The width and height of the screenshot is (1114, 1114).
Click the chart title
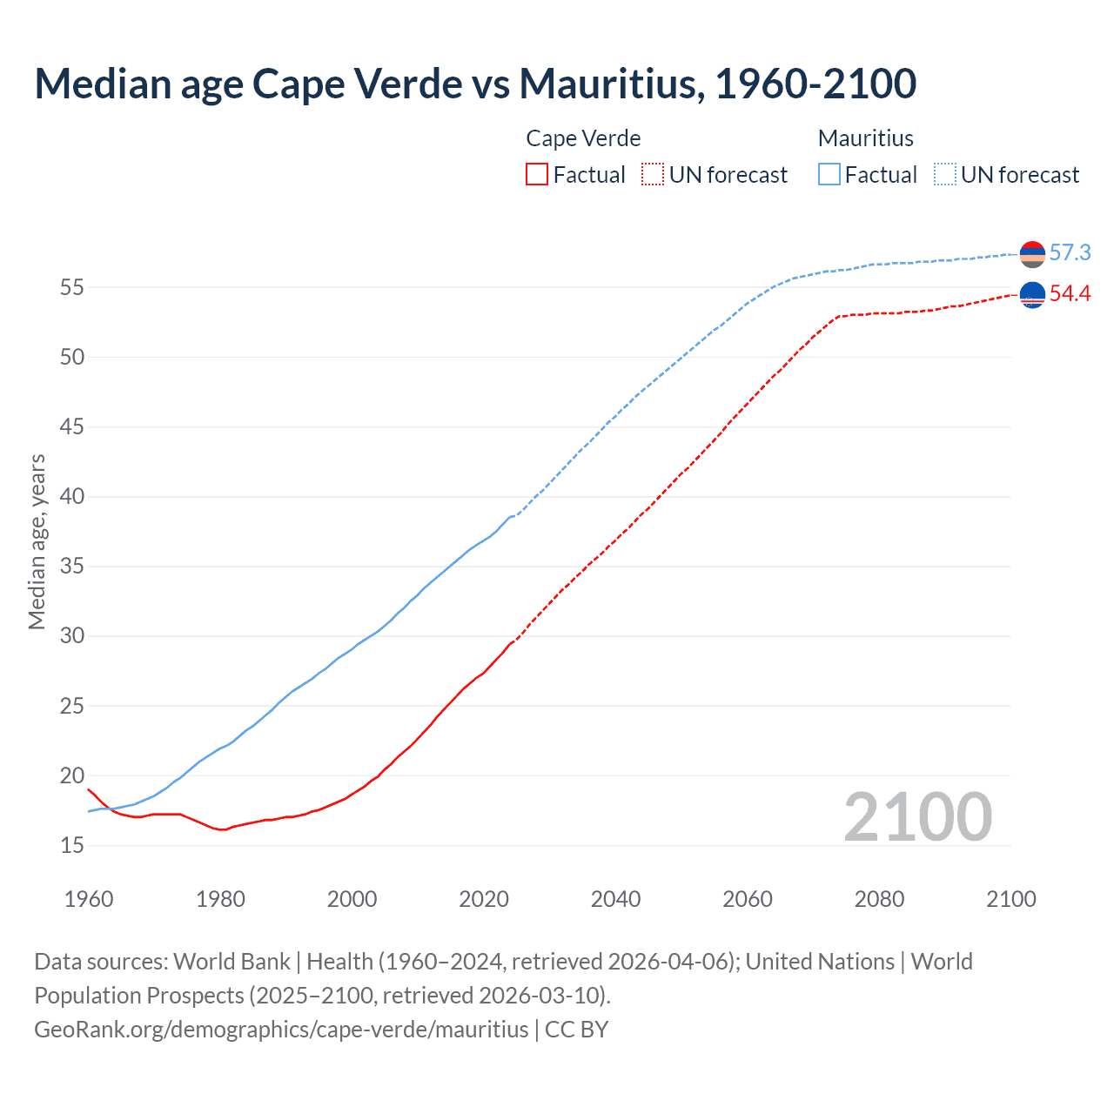tap(475, 84)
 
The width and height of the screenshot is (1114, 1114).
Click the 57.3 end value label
tap(1070, 252)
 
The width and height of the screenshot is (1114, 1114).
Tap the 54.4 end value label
tap(1070, 294)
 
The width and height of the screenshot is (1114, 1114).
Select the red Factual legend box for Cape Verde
tap(537, 175)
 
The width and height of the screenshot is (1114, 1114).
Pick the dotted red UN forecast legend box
tap(652, 175)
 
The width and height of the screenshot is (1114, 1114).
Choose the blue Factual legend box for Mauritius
tap(829, 175)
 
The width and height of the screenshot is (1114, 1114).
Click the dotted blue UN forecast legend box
tap(944, 175)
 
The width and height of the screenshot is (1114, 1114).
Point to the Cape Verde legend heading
tap(583, 138)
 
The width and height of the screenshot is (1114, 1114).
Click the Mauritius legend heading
tap(865, 138)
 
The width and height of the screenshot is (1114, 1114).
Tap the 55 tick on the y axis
tap(72, 287)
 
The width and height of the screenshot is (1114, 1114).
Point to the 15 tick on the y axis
tap(72, 845)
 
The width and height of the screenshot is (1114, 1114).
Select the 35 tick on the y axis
tap(72, 567)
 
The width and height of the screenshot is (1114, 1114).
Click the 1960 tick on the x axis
tap(89, 899)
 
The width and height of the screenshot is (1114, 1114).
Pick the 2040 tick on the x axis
tap(615, 899)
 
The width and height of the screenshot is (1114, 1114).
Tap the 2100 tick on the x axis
tap(1010, 899)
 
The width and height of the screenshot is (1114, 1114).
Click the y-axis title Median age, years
tap(37, 541)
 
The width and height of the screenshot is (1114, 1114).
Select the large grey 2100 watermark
tap(917, 816)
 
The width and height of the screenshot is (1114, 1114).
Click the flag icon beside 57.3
tap(1032, 254)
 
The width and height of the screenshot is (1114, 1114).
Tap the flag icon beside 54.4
tap(1032, 296)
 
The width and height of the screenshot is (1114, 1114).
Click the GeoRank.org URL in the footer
tap(281, 1030)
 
